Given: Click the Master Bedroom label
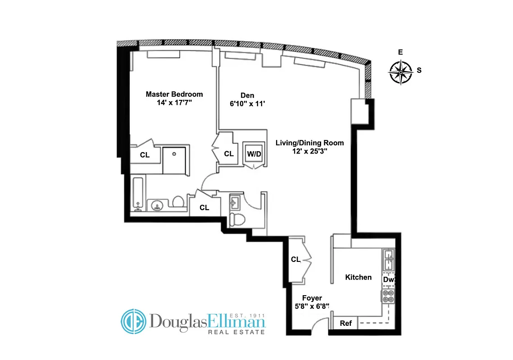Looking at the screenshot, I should click(x=174, y=94).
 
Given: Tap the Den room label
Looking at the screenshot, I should click(x=247, y=95).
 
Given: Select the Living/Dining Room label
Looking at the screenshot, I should click(x=309, y=143).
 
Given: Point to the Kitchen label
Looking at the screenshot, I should click(x=358, y=277).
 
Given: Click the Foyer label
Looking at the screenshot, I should click(x=312, y=298).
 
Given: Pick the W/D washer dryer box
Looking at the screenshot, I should click(x=254, y=154).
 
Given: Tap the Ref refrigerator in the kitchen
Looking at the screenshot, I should click(x=345, y=323).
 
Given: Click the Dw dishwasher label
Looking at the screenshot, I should click(x=388, y=280).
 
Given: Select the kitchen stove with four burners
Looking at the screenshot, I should click(x=388, y=296).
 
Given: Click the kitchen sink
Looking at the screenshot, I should click(x=388, y=260).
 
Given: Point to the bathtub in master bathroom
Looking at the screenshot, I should click(x=139, y=193).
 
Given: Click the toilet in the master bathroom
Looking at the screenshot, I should click(x=178, y=202).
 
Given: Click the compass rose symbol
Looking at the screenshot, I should click(x=400, y=71).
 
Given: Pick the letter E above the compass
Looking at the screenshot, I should click(x=400, y=53).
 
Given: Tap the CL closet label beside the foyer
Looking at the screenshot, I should click(x=295, y=259).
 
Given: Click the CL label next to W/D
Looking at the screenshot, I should click(x=229, y=154).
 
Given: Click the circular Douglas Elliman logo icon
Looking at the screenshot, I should click(x=134, y=321).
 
